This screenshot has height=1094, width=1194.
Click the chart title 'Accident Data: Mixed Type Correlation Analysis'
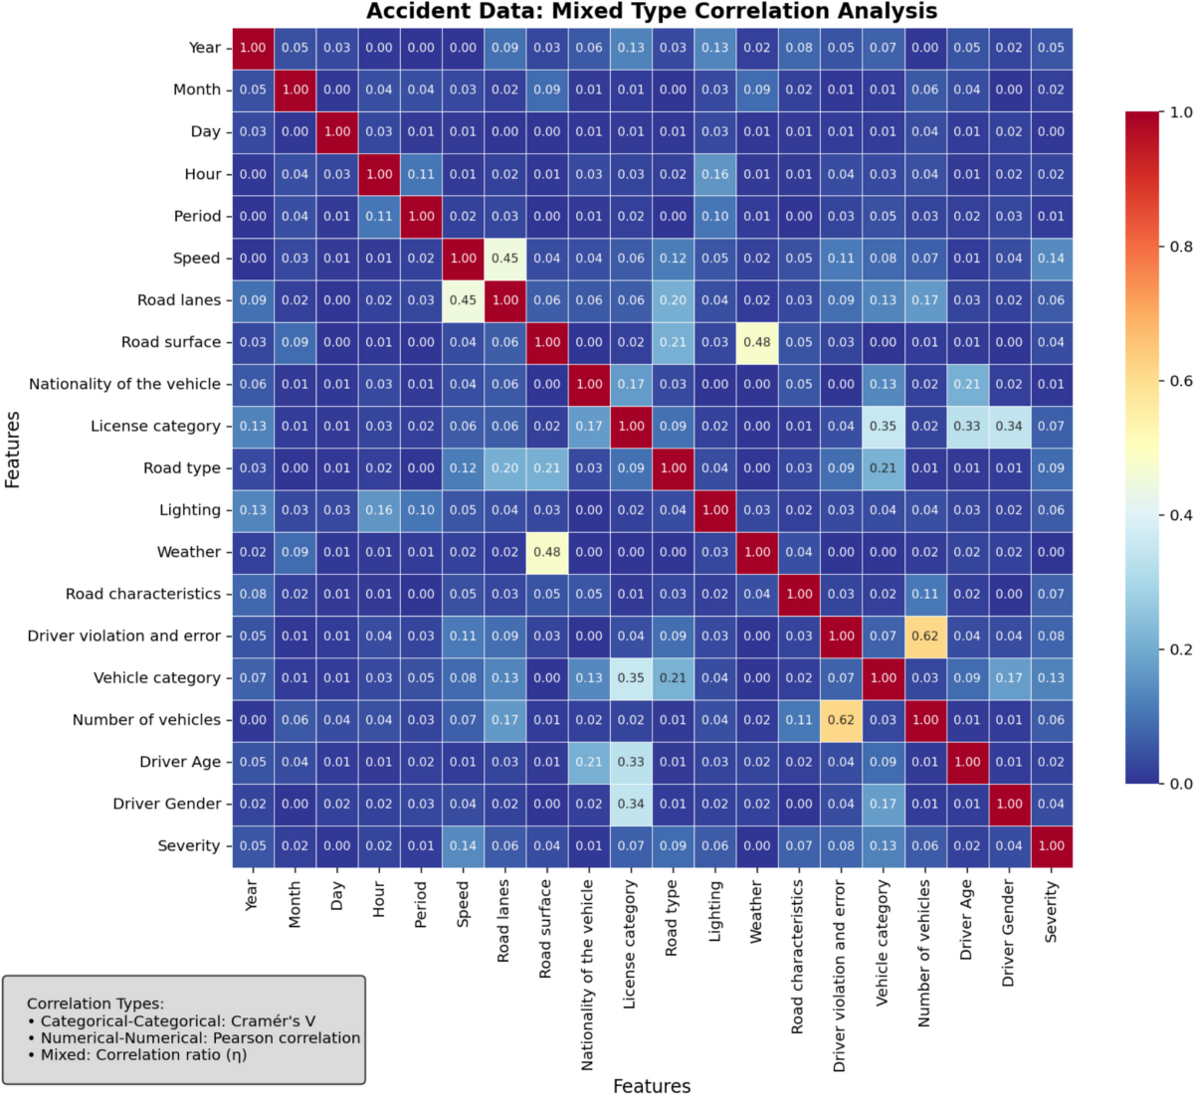[652, 12]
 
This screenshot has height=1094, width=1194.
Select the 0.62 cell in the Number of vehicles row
[841, 720]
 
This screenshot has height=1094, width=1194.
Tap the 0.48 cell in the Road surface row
[757, 342]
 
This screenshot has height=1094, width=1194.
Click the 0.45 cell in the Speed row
[504, 259]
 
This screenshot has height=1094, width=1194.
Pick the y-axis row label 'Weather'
[188, 552]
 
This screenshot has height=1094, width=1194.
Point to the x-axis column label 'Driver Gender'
[1009, 933]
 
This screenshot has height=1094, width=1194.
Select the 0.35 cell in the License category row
[883, 427]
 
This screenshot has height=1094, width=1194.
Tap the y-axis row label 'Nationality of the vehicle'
[124, 384]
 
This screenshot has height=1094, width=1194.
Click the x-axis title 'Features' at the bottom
[652, 1086]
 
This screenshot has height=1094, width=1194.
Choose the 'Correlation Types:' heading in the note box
[96, 1003]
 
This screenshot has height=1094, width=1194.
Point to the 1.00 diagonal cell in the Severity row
[1051, 846]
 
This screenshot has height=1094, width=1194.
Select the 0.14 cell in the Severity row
[463, 846]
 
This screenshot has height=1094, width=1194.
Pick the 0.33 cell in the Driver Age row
[631, 762]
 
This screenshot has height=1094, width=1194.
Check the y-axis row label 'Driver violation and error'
[123, 637]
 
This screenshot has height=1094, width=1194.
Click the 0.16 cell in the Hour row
[714, 174]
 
